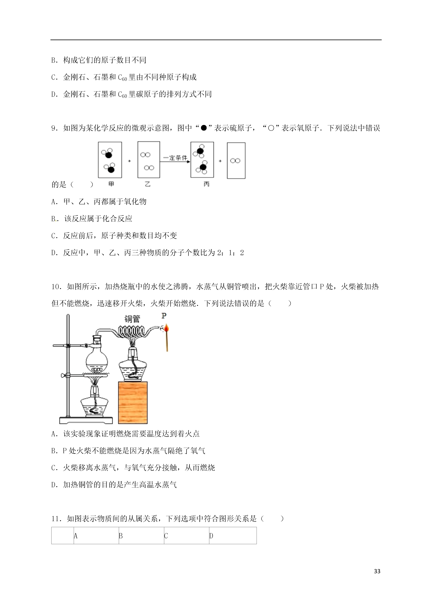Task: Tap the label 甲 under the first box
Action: (111, 184)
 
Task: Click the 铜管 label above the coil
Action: (132, 319)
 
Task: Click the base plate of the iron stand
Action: (86, 421)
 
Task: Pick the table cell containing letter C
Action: (187, 536)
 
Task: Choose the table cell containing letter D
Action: (233, 536)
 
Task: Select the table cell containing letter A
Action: (96, 536)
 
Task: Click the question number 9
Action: (54, 128)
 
